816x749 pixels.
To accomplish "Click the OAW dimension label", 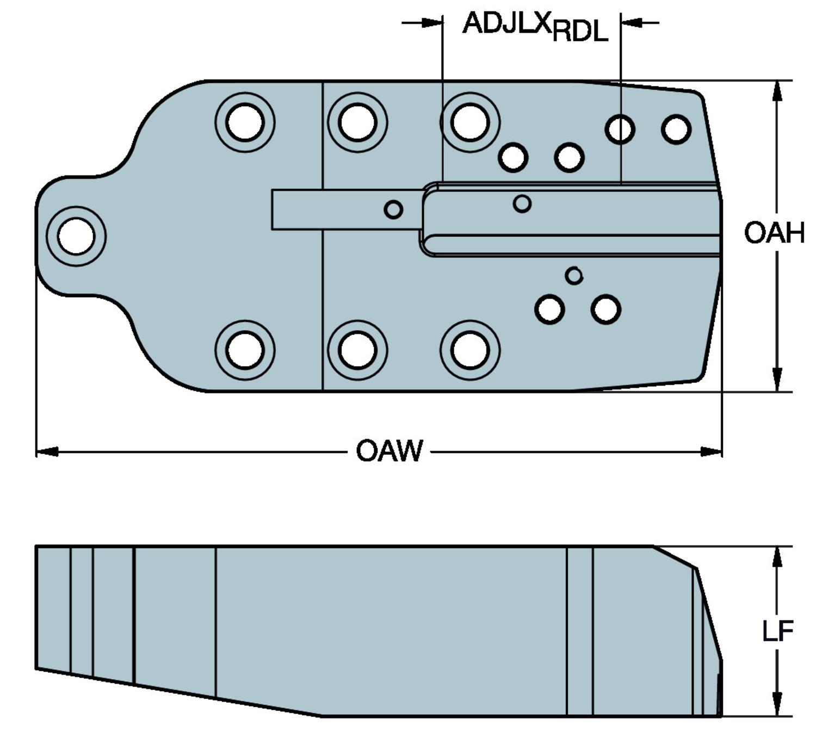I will (389, 451).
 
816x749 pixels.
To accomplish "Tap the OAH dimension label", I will (774, 233).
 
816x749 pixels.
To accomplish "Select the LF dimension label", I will (777, 631).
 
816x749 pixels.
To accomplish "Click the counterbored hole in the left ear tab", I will (76, 236).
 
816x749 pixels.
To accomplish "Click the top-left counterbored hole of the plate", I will (245, 122).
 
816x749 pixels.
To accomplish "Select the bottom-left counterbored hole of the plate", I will (245, 350).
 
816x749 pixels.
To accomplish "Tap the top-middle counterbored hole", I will (357, 122).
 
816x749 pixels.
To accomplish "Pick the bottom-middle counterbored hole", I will (357, 350).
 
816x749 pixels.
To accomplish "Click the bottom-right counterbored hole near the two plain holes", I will (470, 350).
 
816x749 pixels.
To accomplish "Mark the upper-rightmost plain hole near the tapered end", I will (676, 129).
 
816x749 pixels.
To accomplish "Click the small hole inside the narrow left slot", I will (393, 209).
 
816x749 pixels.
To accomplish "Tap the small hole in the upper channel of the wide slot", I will (522, 203).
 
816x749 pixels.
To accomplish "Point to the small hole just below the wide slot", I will (574, 276).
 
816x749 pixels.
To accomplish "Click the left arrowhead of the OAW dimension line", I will (47, 451).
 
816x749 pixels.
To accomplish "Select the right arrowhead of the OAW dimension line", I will (712, 451).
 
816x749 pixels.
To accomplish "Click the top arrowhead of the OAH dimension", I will (777, 91).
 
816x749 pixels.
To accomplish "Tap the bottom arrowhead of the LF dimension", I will (777, 705).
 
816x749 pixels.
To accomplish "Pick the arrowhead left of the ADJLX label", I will (432, 23).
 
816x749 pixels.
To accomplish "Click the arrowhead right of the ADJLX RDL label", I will (631, 23).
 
